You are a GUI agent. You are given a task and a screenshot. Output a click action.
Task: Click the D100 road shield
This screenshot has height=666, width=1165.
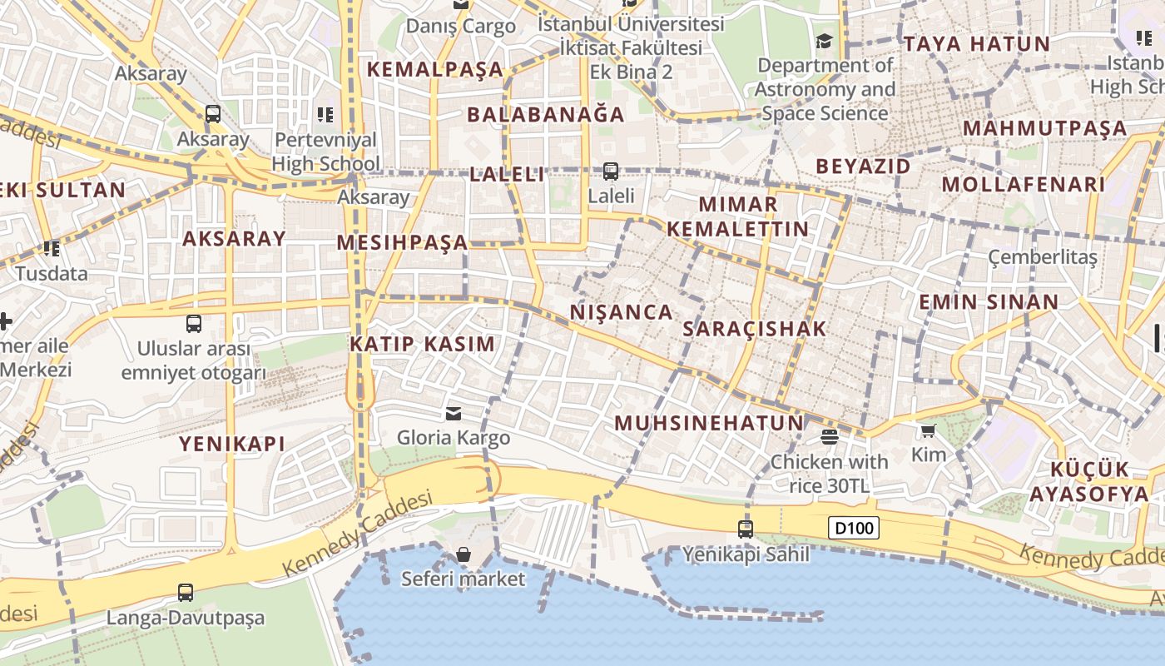tap(854, 528)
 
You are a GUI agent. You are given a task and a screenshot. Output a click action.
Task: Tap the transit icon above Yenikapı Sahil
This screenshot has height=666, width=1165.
tap(746, 529)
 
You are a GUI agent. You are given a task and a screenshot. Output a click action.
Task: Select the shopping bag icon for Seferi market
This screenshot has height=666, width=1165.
tap(464, 554)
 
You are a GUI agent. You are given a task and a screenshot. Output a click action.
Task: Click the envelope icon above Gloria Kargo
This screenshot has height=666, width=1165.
tap(454, 413)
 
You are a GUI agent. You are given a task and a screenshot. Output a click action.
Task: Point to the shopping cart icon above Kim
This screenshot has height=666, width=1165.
tap(929, 430)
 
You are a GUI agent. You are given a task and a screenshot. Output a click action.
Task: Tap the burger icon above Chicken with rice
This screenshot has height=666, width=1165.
tap(829, 436)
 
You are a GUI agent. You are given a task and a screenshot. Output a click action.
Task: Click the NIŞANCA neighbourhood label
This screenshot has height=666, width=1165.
tap(622, 312)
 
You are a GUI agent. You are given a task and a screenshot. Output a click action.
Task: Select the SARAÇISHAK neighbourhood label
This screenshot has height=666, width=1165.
tap(755, 329)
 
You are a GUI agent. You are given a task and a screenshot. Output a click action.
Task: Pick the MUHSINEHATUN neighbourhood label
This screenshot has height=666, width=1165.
tap(709, 423)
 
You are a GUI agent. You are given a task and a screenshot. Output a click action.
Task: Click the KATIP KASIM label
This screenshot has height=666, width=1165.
tap(422, 344)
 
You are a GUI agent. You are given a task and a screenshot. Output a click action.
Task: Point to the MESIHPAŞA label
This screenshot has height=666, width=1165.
tap(403, 243)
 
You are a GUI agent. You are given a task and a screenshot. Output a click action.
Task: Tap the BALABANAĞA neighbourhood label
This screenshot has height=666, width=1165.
tap(546, 114)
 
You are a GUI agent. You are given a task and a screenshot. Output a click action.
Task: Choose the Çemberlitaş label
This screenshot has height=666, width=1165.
tap(1042, 257)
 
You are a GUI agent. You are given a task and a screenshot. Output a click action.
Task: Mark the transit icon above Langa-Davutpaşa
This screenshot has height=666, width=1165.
tap(186, 593)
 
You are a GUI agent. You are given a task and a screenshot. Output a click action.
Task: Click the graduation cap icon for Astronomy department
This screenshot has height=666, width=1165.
tap(824, 42)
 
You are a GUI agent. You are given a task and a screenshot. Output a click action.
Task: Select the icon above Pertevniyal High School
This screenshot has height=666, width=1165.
tap(325, 115)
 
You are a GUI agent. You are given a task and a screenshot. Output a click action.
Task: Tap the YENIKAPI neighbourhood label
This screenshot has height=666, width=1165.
tap(232, 444)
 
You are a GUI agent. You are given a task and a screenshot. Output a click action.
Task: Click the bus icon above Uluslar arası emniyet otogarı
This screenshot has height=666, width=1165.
tap(194, 324)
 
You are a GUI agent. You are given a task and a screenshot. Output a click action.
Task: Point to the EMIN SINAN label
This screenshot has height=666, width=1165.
tap(989, 302)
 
